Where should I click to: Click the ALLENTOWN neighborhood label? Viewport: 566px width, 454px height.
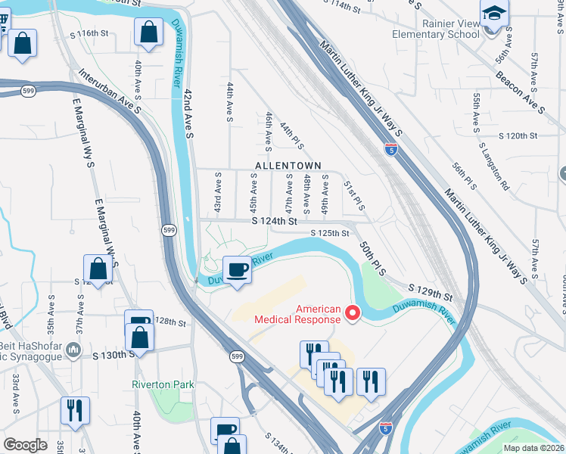(288, 166)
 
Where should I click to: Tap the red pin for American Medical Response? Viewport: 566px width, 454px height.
(352, 311)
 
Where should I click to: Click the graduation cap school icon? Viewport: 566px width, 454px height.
(494, 13)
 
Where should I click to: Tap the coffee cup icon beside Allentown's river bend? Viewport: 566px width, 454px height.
(238, 269)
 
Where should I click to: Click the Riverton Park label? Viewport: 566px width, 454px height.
(163, 384)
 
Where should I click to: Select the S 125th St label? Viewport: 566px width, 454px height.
(330, 233)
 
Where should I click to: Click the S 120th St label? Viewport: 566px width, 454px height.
(518, 135)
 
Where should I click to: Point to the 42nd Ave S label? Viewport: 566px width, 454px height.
(189, 113)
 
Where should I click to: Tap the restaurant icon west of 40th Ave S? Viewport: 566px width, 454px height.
(75, 410)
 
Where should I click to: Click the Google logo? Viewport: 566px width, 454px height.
(25, 445)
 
